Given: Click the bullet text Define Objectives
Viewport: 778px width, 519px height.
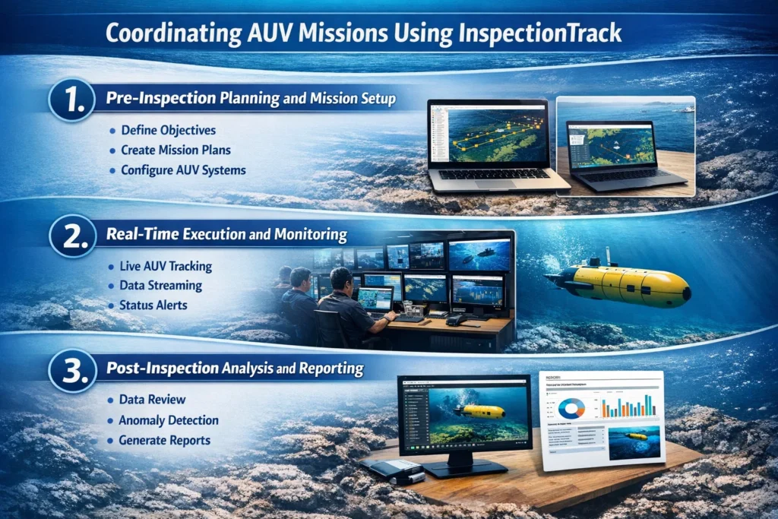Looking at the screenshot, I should coord(168,131).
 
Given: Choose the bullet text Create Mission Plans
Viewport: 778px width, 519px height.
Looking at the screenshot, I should coord(176,150).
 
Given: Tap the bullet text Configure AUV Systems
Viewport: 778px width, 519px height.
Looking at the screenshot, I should coord(183,170).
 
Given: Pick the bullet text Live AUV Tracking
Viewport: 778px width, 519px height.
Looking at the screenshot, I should coord(166,267).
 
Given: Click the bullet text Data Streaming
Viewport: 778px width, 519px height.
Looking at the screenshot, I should coord(161,286).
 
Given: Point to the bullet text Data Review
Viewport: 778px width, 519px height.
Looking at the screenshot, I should coord(152,400).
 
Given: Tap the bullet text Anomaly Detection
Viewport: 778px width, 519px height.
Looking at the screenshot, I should coord(169,420).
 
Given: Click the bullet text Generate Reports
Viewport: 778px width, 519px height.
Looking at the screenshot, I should coord(165,440).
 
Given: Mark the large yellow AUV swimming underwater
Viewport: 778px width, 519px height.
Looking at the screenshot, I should coord(619,282).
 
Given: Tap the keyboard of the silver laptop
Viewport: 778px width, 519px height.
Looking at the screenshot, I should coord(498,174).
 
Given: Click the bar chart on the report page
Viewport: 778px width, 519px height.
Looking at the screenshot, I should coord(628,407).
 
